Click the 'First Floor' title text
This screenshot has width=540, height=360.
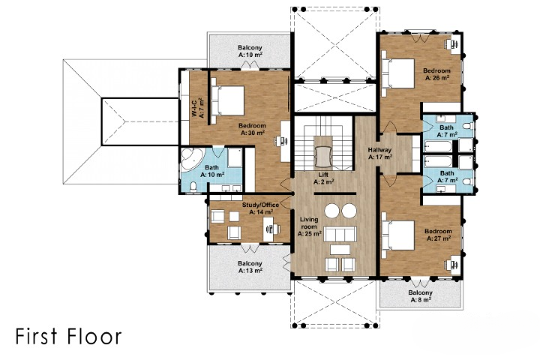click(x=68, y=336)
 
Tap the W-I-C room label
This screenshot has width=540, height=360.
click(x=198, y=108)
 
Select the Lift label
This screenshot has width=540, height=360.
click(x=323, y=178)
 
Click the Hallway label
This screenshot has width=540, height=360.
click(x=379, y=154)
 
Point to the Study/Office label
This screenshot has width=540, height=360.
click(x=261, y=208)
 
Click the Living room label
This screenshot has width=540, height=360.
click(x=310, y=226)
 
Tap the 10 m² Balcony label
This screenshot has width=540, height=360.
click(x=250, y=51)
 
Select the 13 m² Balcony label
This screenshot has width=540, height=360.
click(x=250, y=267)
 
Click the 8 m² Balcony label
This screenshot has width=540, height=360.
click(x=421, y=296)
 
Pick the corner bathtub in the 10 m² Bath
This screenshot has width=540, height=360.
click(x=191, y=158)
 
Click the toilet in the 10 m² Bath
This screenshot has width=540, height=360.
click(x=193, y=187)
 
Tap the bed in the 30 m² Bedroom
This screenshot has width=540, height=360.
click(x=228, y=100)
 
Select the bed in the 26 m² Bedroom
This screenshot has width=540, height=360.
click(x=397, y=73)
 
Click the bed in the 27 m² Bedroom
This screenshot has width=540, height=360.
click(x=397, y=235)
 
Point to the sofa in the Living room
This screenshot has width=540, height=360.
click(x=340, y=234)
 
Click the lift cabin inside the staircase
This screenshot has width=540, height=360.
click(x=323, y=156)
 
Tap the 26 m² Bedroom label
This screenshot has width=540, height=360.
click(x=437, y=74)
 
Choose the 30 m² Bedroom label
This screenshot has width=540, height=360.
click(x=253, y=129)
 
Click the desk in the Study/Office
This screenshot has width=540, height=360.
click(x=269, y=229)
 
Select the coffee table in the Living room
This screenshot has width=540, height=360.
click(x=340, y=249)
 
